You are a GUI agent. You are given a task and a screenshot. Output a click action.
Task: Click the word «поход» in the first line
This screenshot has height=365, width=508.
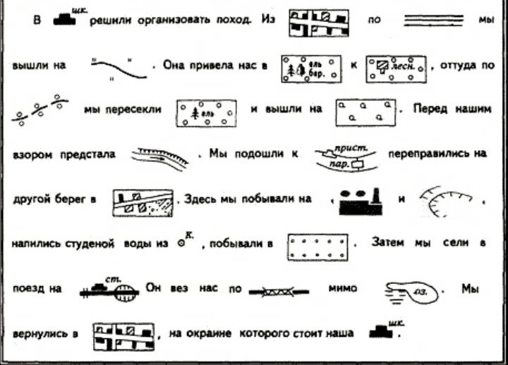234,20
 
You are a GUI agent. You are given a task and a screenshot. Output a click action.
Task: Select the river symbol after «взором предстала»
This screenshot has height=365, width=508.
159,156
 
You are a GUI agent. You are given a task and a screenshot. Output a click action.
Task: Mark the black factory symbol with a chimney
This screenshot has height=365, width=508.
361,202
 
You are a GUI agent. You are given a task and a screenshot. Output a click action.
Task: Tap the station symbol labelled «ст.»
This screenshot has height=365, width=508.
108,287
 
